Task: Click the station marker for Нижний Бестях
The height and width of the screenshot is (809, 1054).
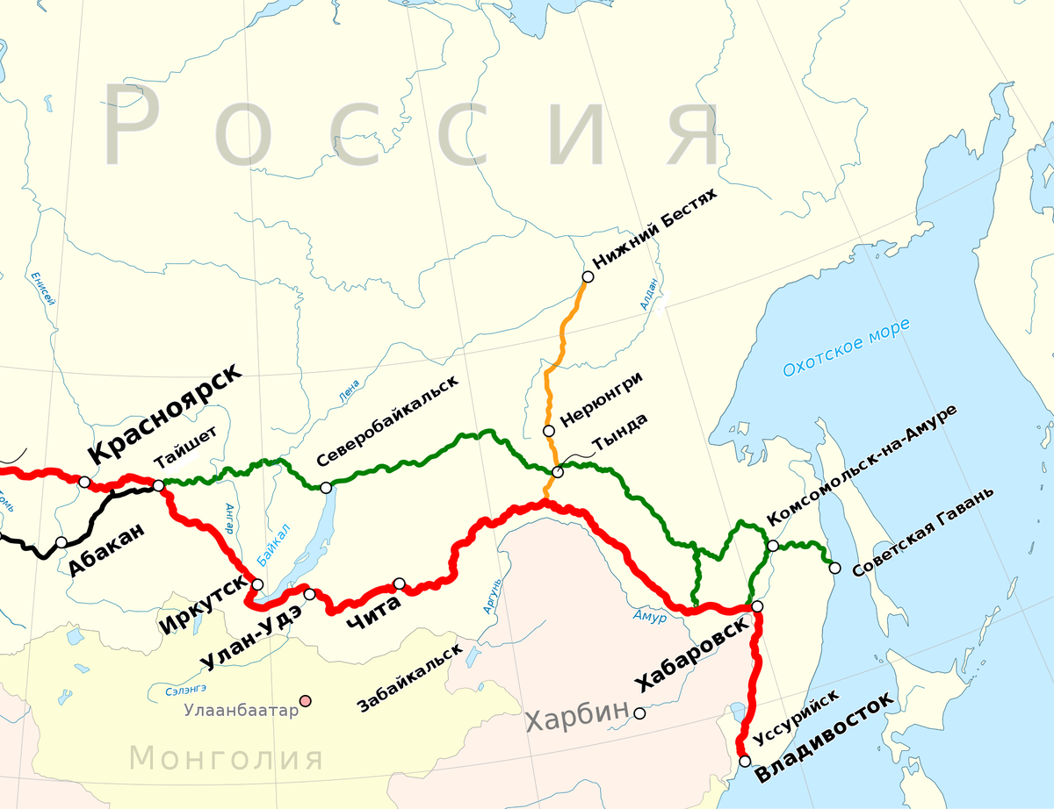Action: (588, 276)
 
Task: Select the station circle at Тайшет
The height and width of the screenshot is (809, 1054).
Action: (158, 485)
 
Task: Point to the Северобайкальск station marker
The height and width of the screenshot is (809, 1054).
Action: (326, 488)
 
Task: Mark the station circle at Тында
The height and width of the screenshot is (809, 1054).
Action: (557, 473)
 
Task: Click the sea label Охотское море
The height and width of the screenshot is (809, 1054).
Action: (846, 348)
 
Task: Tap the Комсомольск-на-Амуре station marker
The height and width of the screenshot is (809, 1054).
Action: (773, 546)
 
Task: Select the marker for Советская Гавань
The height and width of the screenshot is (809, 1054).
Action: (834, 568)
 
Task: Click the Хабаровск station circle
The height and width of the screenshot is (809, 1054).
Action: (757, 606)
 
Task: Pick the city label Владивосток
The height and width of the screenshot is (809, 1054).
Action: (826, 737)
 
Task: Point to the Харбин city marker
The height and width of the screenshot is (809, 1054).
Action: (639, 714)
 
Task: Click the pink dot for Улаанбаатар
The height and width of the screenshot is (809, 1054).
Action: (305, 701)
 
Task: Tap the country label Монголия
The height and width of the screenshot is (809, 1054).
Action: (226, 757)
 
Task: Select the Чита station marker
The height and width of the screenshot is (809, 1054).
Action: (400, 583)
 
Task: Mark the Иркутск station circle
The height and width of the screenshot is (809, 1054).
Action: (257, 584)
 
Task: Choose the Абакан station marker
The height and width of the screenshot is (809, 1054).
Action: (61, 542)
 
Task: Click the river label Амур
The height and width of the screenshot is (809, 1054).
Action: (650, 617)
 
